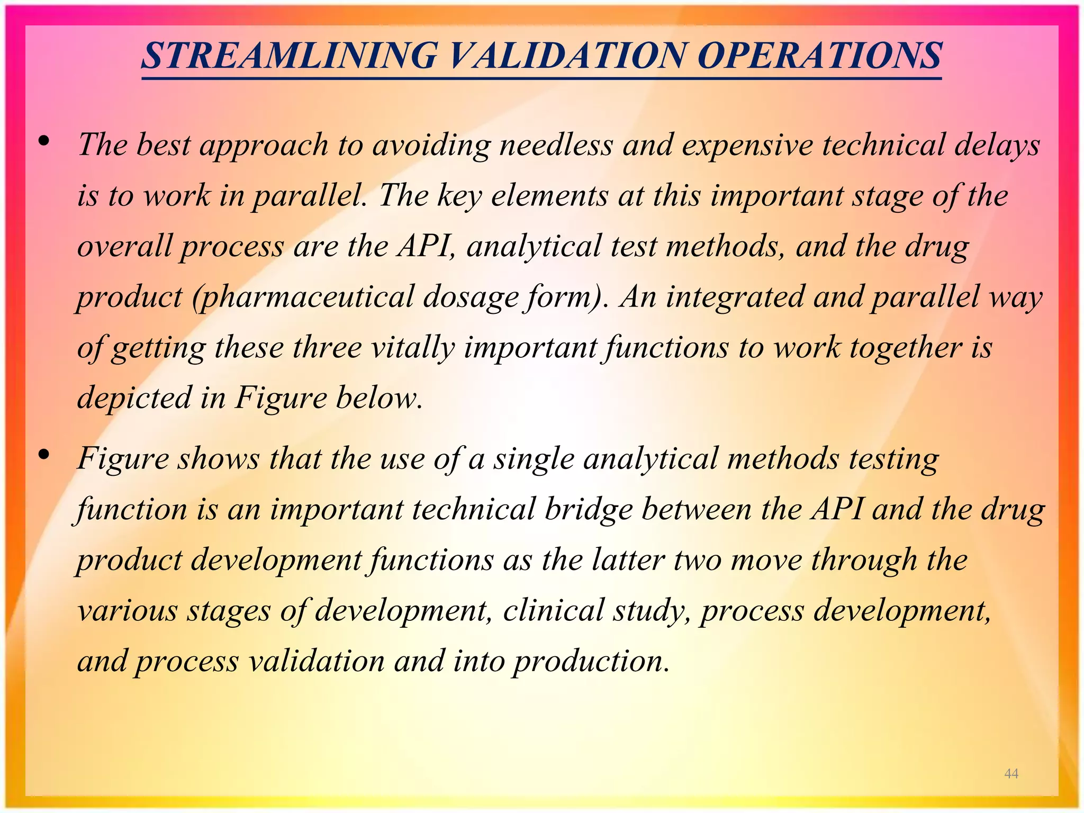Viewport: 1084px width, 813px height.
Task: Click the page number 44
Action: coord(1011,774)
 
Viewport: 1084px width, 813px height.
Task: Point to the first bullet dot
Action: coord(44,141)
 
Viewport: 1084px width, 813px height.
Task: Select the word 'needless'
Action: coord(556,144)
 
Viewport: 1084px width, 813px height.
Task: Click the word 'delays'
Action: coord(997,144)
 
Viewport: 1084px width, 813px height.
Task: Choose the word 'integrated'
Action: coord(735,297)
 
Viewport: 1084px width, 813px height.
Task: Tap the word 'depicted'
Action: coord(134,399)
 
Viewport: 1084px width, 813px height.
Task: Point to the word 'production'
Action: coord(591,662)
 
